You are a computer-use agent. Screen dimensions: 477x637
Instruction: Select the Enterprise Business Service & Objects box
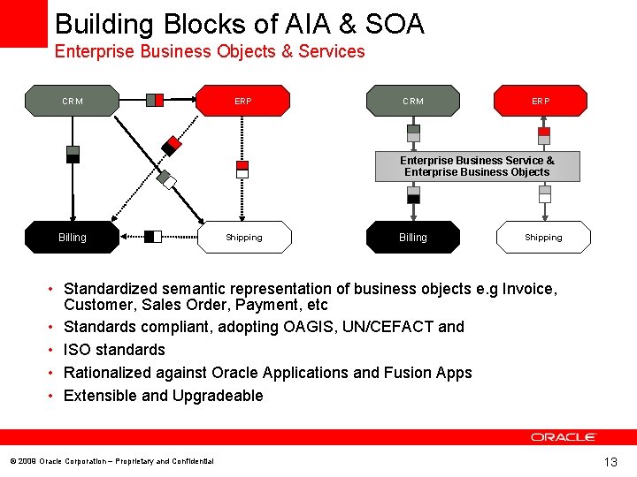click(477, 166)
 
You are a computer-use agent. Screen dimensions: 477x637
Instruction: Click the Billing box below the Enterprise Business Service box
click(413, 237)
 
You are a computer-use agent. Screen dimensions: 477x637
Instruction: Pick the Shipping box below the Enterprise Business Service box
click(543, 237)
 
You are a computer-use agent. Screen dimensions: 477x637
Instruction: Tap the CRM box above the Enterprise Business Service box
click(413, 101)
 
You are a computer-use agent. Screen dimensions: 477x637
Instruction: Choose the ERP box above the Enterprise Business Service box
click(541, 101)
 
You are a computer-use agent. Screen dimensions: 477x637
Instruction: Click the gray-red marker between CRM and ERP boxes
click(155, 100)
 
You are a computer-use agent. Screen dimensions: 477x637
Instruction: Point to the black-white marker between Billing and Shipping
click(153, 236)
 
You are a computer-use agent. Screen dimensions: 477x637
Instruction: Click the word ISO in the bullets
click(77, 350)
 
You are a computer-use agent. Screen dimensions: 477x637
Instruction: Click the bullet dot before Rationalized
click(53, 373)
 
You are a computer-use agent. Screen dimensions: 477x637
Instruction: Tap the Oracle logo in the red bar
click(564, 437)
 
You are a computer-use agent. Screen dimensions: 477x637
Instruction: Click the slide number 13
click(610, 462)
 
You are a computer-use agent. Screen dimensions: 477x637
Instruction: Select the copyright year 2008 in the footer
click(27, 462)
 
